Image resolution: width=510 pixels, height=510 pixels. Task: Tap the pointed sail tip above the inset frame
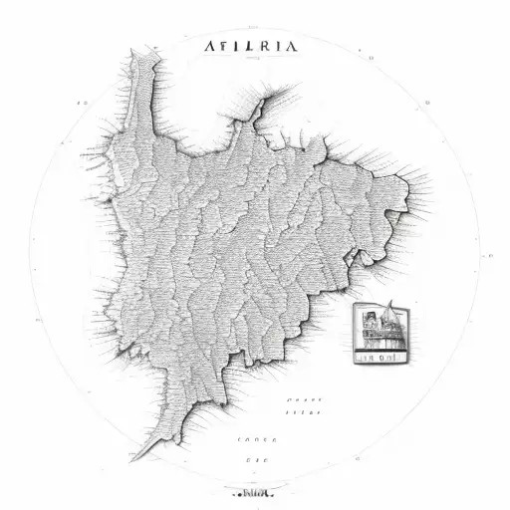tap(390, 301)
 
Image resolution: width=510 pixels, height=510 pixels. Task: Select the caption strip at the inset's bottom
tap(380, 353)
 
